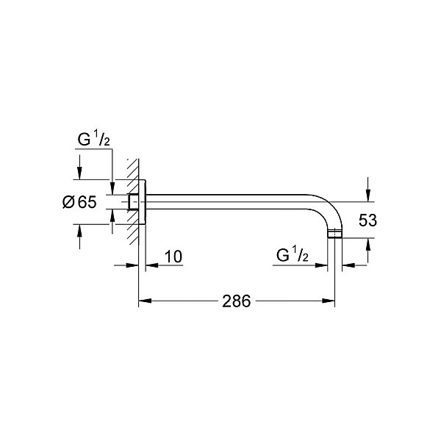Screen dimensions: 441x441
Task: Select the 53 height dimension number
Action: point(368,220)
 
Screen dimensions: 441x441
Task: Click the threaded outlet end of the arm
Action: point(336,235)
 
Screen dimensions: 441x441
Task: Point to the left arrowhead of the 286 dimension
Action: point(144,301)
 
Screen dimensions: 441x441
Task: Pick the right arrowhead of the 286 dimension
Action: point(331,301)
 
